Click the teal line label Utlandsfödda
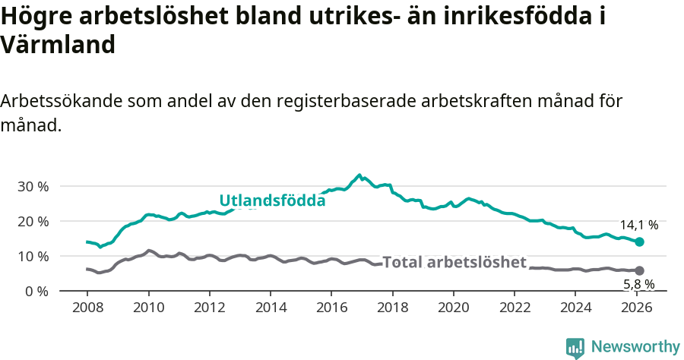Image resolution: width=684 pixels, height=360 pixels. click(x=272, y=201)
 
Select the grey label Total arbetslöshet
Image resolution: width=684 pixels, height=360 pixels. click(x=454, y=262)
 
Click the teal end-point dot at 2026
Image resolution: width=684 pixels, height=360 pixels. click(x=639, y=242)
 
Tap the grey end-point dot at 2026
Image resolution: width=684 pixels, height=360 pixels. click(x=639, y=270)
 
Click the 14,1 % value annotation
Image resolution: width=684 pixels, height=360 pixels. click(x=638, y=225)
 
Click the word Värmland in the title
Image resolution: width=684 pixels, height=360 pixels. click(x=58, y=45)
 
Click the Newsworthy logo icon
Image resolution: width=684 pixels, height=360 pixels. click(x=575, y=348)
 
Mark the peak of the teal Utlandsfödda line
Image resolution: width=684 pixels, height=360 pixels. click(x=359, y=175)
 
